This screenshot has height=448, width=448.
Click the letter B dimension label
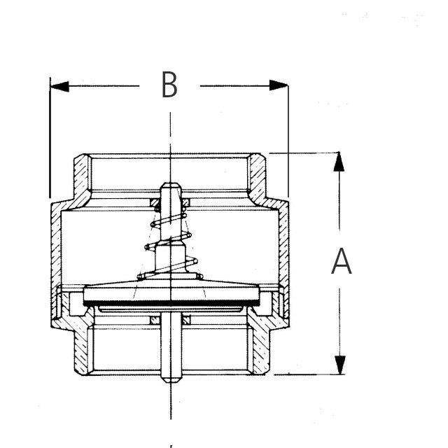169,85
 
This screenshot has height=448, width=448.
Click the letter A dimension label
341,262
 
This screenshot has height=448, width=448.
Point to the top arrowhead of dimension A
339,162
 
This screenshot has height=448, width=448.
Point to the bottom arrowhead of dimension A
339,365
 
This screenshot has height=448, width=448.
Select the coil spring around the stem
170,245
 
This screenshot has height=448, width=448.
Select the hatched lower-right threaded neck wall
258,346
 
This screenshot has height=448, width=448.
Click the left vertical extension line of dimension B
50,140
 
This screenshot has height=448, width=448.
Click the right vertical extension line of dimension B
288,140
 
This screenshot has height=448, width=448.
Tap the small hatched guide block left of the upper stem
155,204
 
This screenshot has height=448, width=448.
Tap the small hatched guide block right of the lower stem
187,320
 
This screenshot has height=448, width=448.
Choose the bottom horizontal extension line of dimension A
308,374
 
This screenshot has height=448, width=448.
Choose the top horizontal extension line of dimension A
308,153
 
